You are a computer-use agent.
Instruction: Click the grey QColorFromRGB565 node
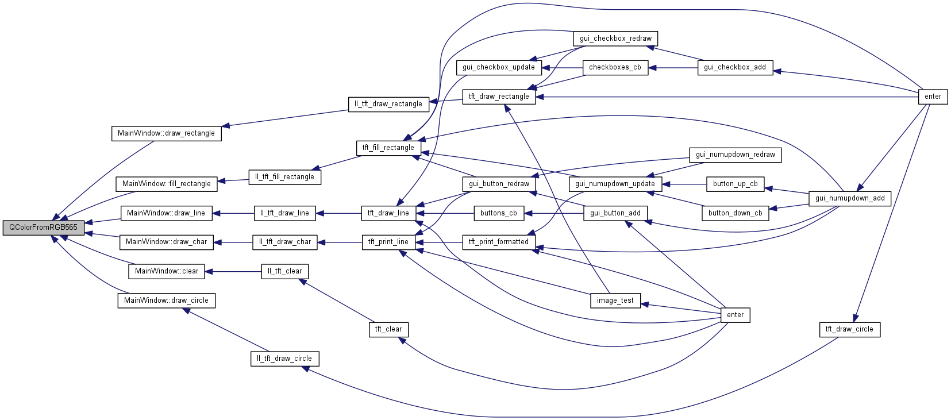tap(43, 228)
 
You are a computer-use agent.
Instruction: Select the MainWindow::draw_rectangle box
tap(166, 133)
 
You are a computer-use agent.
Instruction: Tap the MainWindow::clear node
tap(167, 271)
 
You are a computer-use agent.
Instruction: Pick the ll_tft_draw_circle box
tap(284, 359)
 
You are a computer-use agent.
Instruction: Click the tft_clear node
tap(388, 329)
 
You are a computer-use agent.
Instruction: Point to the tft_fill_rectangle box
tap(388, 148)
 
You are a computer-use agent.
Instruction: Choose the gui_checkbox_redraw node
tap(615, 38)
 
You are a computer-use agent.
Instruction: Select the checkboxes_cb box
tap(615, 67)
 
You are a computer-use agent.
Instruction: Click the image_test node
tap(615, 300)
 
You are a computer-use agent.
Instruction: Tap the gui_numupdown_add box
tap(850, 198)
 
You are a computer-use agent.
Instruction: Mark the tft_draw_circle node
tap(849, 329)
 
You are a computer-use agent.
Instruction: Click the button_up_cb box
tap(735, 184)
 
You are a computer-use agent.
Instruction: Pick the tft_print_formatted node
tap(499, 242)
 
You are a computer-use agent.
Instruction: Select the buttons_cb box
tap(499, 213)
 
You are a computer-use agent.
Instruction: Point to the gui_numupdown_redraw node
tap(735, 155)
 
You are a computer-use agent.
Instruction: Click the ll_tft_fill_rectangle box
tap(284, 177)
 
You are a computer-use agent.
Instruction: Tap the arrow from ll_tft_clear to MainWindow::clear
tap(233, 272)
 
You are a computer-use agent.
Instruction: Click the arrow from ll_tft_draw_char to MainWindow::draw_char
tap(233, 242)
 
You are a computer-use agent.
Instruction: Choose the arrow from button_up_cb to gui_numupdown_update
tap(684, 184)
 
